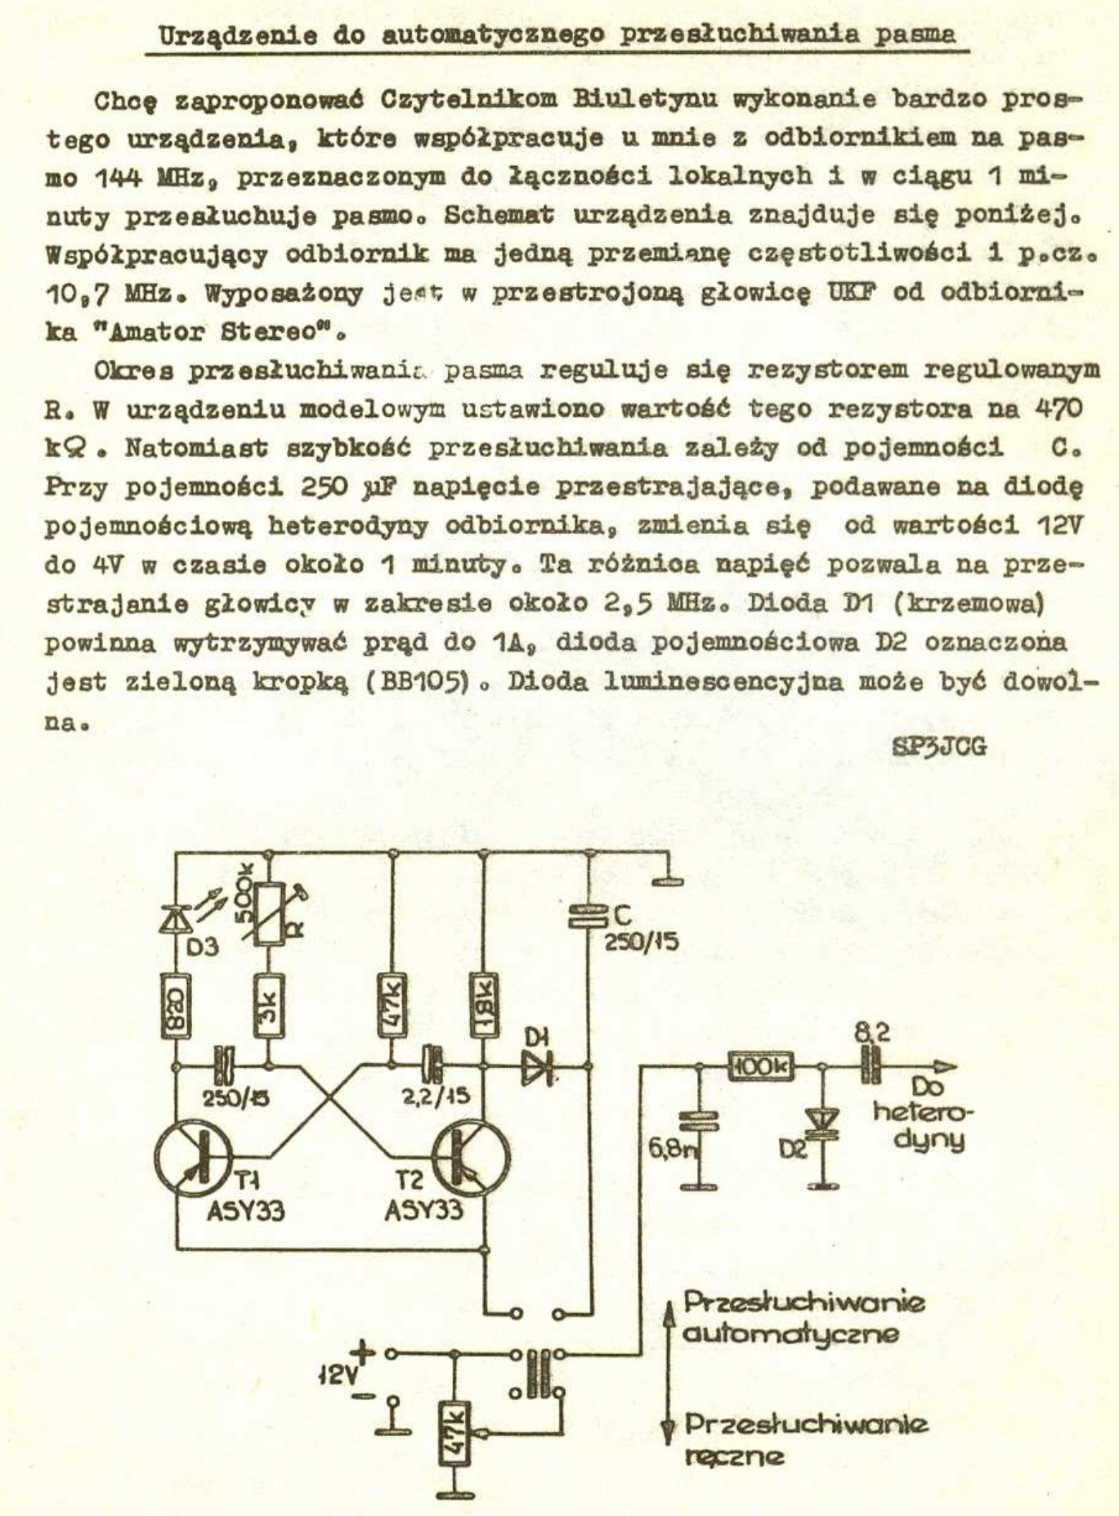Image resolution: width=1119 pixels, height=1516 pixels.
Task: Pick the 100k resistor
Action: tap(761, 1066)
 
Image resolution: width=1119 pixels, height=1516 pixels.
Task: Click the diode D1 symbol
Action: tap(537, 1066)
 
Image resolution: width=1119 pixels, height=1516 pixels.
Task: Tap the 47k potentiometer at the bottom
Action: tap(454, 1430)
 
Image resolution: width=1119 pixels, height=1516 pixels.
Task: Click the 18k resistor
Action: tap(484, 1006)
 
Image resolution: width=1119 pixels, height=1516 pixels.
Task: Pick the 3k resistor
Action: tap(270, 1007)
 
